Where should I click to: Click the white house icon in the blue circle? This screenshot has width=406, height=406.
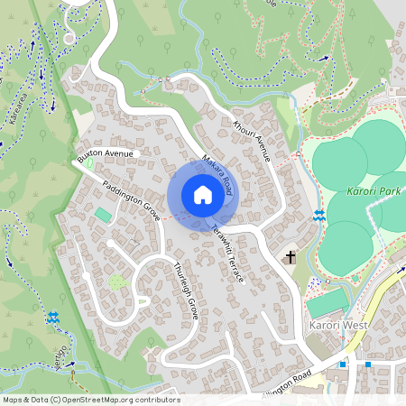pyautogui.click(x=203, y=195)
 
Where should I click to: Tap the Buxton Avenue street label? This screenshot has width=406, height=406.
pyautogui.click(x=106, y=154)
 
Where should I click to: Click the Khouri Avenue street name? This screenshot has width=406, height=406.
pyautogui.click(x=252, y=141)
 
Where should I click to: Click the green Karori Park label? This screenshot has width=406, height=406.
pyautogui.click(x=373, y=191)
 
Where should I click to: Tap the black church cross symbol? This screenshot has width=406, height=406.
pyautogui.click(x=291, y=258)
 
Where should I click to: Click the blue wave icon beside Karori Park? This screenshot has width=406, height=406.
pyautogui.click(x=320, y=215)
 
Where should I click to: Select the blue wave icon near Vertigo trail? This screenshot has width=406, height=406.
pyautogui.click(x=55, y=318)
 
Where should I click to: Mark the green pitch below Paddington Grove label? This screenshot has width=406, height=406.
pyautogui.click(x=105, y=215)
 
